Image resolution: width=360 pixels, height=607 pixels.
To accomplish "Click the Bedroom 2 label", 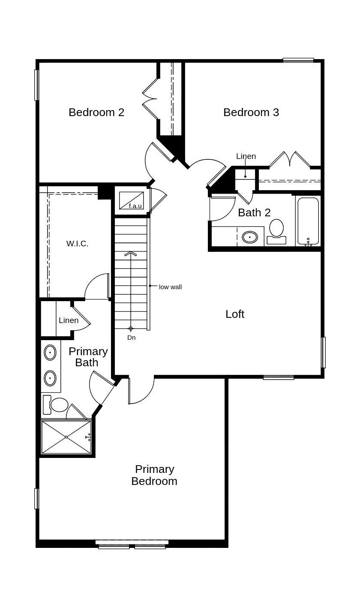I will pos(96,112).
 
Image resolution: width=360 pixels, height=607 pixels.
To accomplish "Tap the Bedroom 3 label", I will pos(251,112).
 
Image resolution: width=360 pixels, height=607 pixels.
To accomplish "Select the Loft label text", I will pos(235,314).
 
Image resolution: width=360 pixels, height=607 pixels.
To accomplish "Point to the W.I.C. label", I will pos(77,244).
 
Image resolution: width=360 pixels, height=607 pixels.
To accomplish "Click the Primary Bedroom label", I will pos(154,475).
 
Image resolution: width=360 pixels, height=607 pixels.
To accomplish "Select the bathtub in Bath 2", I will pos(308,221).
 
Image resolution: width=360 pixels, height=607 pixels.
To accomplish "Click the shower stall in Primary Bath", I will pos(66,437).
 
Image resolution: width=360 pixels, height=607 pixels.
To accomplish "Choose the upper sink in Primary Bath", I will pos(50,353).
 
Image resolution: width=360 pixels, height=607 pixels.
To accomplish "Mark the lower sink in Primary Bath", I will pos(50,378).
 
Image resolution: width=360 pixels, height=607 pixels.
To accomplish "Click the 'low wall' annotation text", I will pos(170,287).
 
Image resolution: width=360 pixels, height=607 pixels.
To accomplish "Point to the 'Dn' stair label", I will pos(131,338).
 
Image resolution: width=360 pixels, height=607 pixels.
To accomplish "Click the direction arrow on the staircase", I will pos(131,254).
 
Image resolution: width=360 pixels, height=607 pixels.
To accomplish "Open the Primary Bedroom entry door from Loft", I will pos(141,391).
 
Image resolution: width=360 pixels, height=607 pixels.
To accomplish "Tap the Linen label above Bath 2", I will pos(246,156).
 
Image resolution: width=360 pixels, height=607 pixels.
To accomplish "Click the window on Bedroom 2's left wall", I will pos(37,85).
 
